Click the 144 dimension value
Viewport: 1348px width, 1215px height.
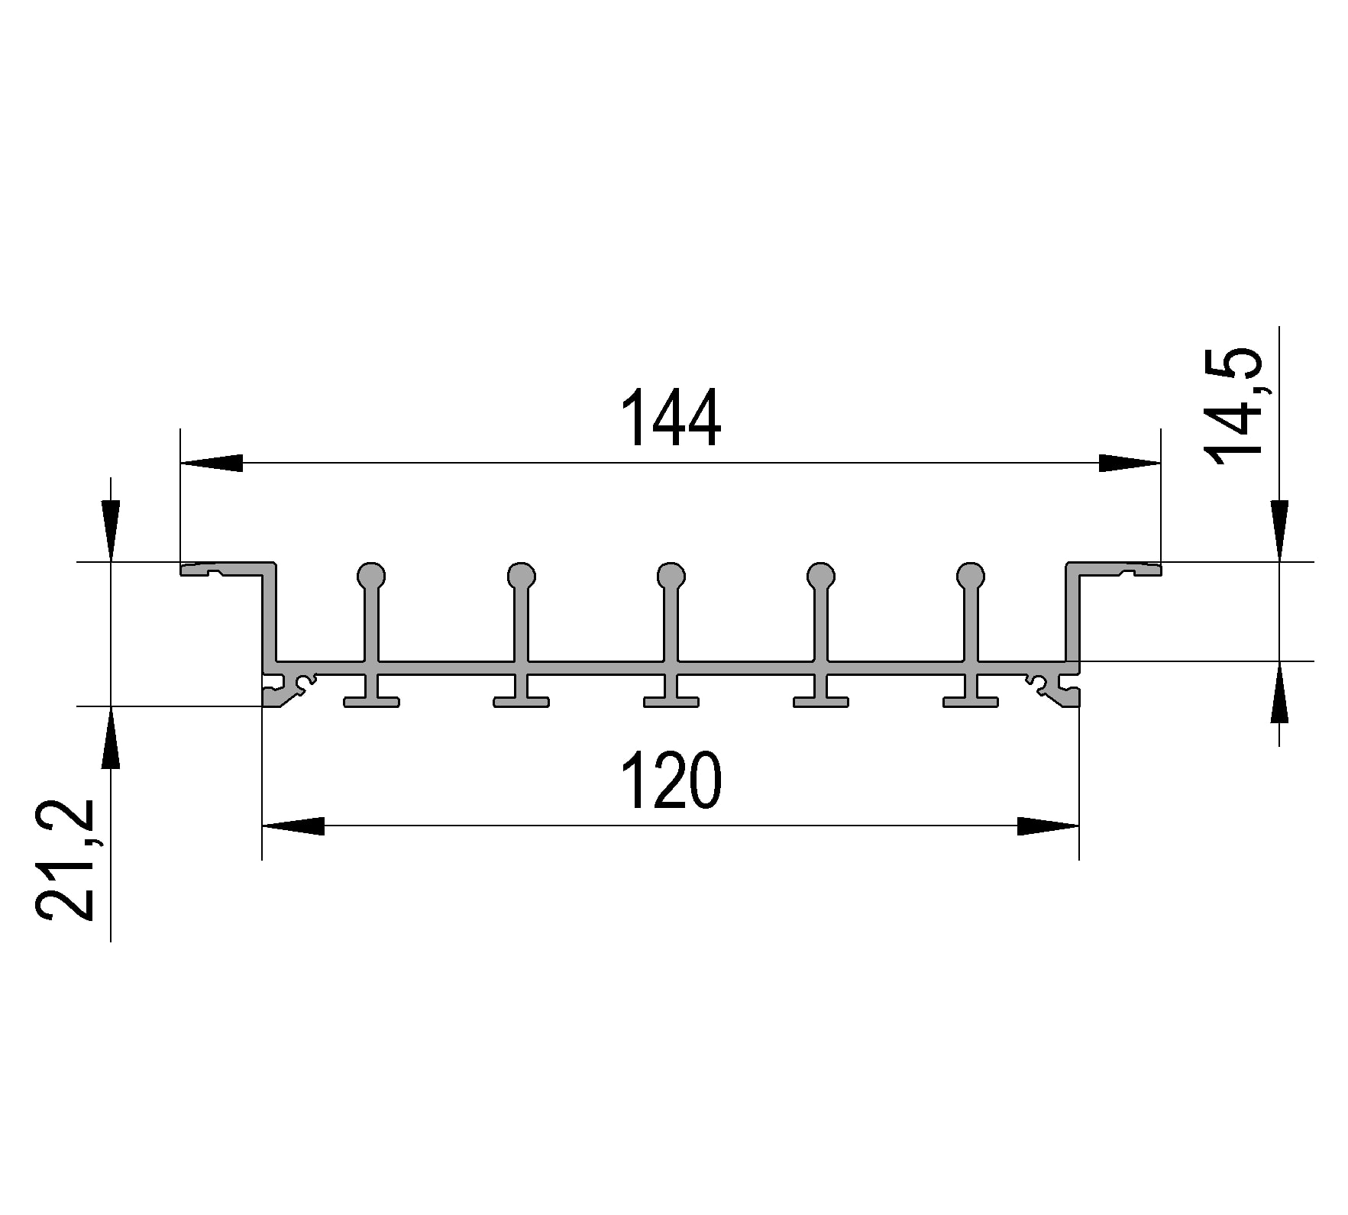tap(671, 418)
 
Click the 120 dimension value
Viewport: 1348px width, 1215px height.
tap(671, 780)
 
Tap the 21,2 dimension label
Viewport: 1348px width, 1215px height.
tap(66, 860)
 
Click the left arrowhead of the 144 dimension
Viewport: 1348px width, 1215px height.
tap(212, 463)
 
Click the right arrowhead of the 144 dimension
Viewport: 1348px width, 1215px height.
tap(1129, 463)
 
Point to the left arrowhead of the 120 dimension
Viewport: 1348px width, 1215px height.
tap(293, 826)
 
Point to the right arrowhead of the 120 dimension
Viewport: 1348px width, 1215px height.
tap(1047, 826)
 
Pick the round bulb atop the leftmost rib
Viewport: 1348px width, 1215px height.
tap(371, 574)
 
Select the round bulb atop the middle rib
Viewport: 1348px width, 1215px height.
tap(671, 574)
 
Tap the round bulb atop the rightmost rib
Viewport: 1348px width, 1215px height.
tap(971, 574)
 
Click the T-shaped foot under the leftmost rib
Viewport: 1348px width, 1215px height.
tap(371, 700)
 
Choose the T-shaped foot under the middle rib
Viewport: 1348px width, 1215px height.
tap(671, 700)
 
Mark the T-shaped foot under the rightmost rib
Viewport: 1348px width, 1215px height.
tap(971, 700)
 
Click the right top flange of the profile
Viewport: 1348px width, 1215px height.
tap(1114, 568)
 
